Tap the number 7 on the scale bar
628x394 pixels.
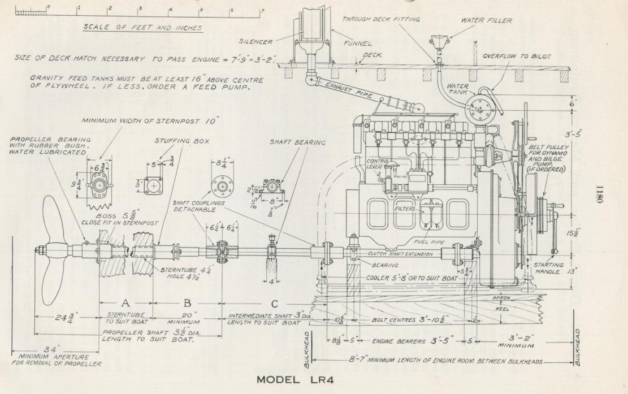pos(261,10)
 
